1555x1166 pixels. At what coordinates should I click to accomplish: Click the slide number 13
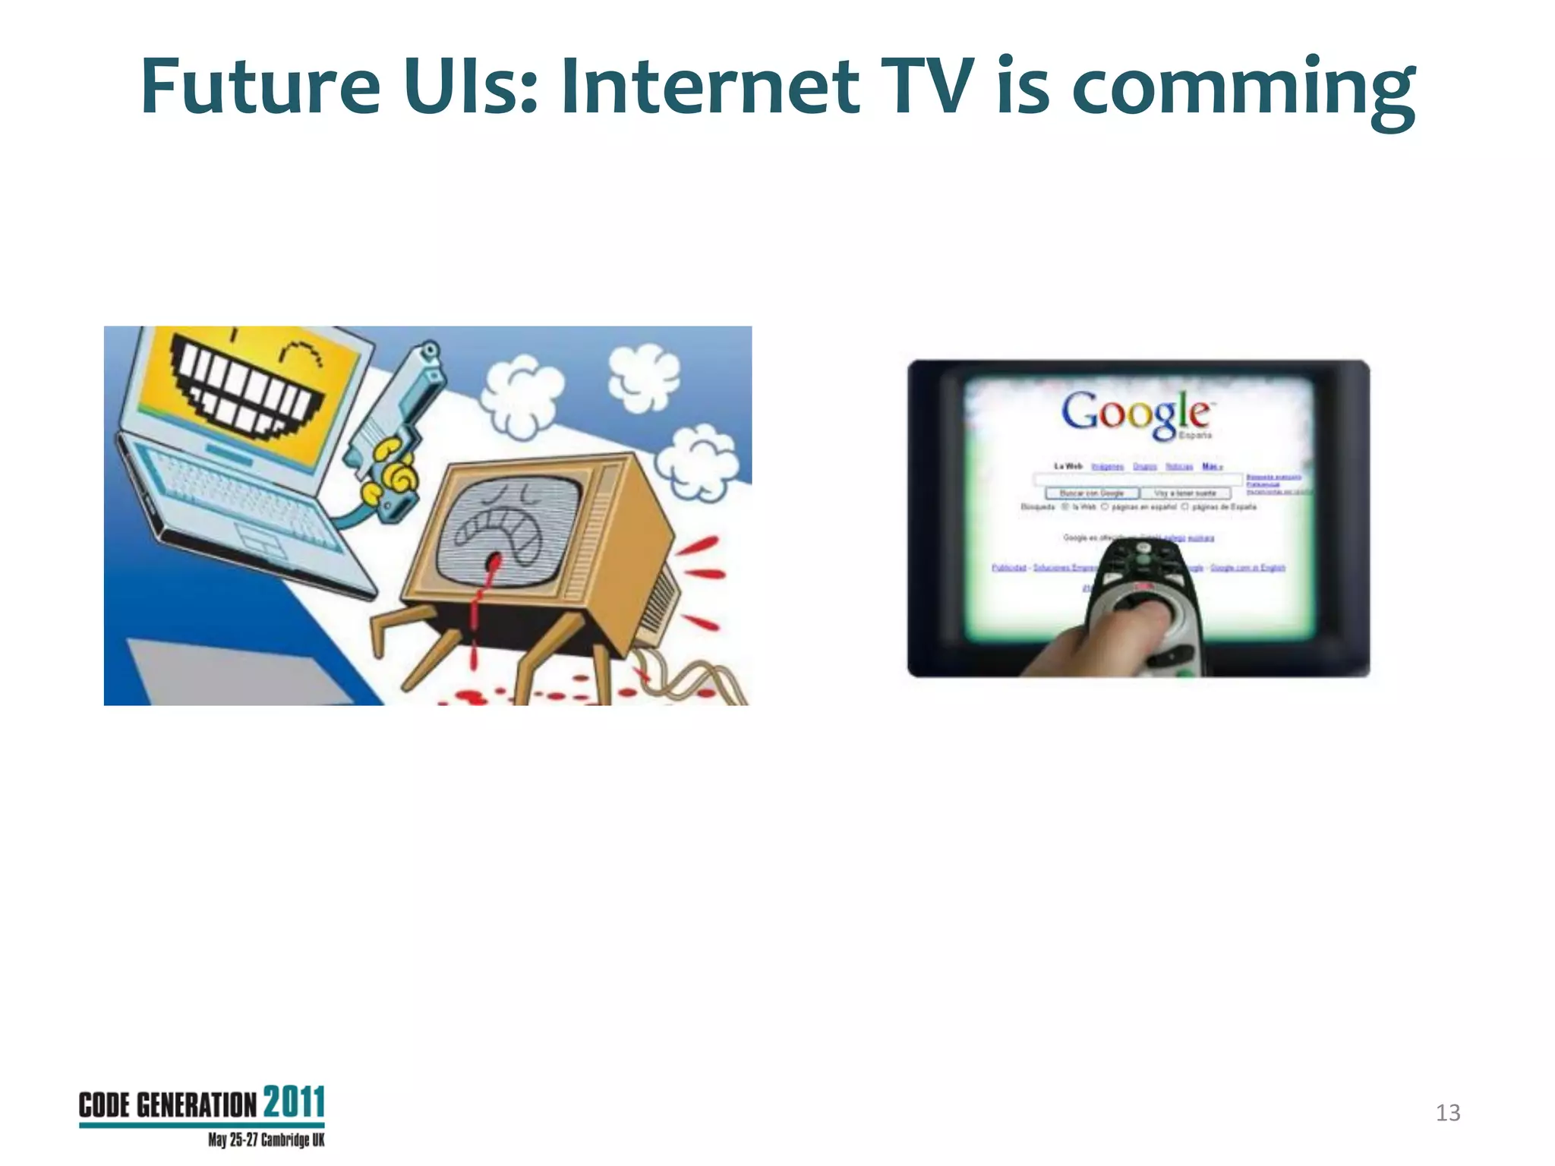tap(1447, 1113)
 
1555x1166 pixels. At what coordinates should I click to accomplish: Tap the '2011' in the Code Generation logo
tap(294, 1102)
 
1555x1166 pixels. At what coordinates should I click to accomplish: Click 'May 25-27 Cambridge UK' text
tap(266, 1140)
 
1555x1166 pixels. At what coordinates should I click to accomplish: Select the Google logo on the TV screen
tap(1135, 414)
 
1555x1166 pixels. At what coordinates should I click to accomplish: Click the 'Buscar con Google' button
tap(1091, 493)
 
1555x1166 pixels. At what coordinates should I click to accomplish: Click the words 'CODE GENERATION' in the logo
tap(167, 1105)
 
